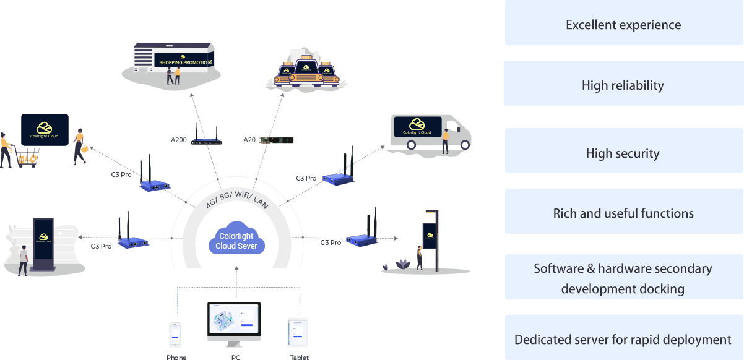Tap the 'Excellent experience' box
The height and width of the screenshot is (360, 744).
[x=623, y=25]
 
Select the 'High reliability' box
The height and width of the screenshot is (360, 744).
[x=623, y=85]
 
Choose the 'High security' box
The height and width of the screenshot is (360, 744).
[x=623, y=153]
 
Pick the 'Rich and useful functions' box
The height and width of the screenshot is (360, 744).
[x=623, y=214]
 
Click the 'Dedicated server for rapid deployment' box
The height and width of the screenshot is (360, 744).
[x=623, y=340]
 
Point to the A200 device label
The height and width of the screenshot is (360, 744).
[x=180, y=140]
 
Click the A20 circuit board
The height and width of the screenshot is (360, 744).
[x=276, y=140]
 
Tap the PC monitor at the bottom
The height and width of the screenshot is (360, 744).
[x=234, y=322]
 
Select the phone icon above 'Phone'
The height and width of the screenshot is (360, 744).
[x=176, y=335]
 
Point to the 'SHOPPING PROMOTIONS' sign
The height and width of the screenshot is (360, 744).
[x=184, y=62]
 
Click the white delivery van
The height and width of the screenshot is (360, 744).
[x=430, y=131]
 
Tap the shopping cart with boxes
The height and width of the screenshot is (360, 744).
[x=26, y=157]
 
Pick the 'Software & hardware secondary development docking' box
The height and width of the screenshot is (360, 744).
[x=623, y=278]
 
